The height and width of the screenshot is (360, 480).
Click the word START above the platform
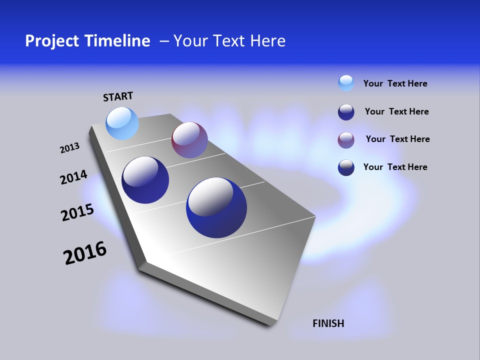tap(118, 96)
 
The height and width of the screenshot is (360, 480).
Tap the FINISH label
tap(328, 323)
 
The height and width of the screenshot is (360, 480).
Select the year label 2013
tap(69, 148)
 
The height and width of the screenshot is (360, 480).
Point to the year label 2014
tap(73, 177)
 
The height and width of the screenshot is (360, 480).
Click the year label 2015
tap(77, 212)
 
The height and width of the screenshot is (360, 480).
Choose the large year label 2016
tap(85, 253)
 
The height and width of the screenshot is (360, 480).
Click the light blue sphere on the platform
tap(122, 123)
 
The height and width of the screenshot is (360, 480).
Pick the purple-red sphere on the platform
tap(189, 140)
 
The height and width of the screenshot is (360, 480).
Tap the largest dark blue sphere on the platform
tap(216, 207)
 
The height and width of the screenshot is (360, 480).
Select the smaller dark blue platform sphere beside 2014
tap(145, 180)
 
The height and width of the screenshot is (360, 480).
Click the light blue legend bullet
tap(346, 83)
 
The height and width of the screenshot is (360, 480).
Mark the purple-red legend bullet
tap(346, 140)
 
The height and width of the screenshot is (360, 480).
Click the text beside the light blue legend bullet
tap(395, 83)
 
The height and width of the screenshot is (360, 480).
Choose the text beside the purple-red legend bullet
tap(397, 139)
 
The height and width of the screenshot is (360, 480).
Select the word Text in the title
tap(227, 41)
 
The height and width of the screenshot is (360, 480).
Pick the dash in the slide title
tap(164, 41)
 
